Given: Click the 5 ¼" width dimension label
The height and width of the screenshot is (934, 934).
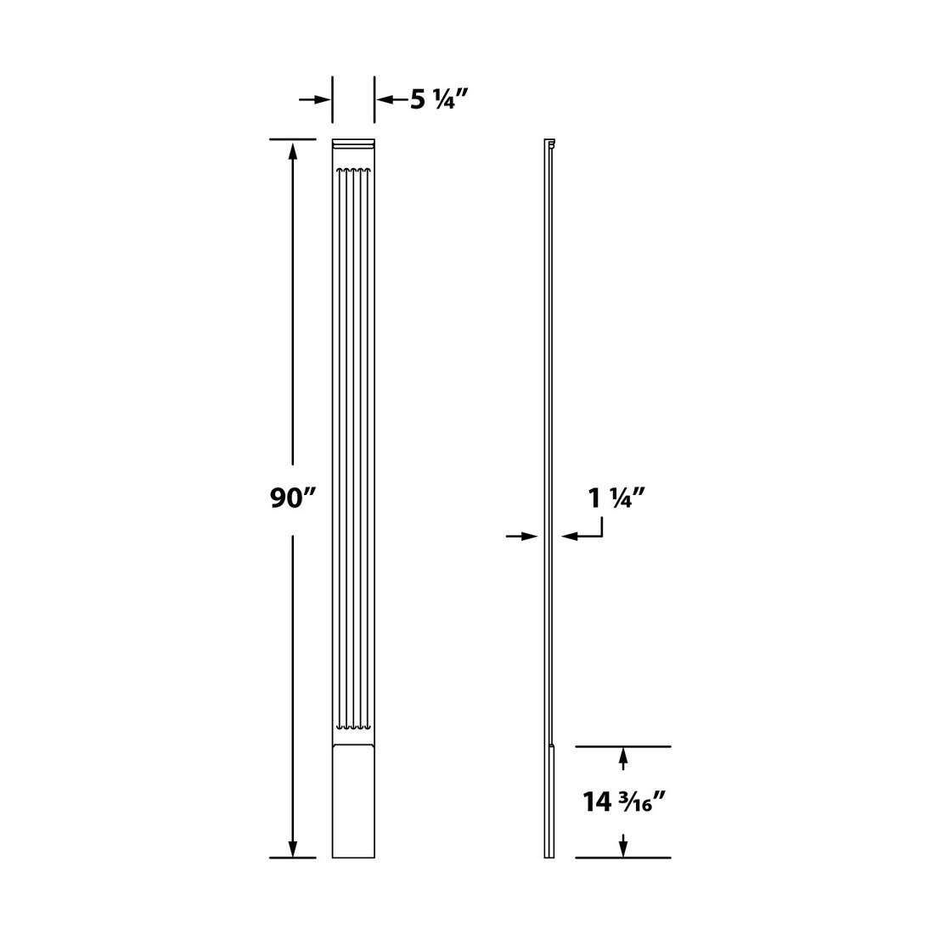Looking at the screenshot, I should (x=439, y=100).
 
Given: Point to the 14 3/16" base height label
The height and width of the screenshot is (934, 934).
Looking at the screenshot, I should (x=623, y=802).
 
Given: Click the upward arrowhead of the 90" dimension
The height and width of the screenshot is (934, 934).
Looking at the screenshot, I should (x=293, y=152).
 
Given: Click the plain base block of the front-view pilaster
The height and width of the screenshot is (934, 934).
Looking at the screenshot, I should (x=353, y=802).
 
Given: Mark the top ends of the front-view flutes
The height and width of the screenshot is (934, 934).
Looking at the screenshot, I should (x=353, y=173).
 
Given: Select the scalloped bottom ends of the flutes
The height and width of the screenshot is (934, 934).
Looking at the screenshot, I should (x=353, y=727).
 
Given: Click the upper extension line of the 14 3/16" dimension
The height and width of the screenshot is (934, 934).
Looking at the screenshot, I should (x=623, y=746).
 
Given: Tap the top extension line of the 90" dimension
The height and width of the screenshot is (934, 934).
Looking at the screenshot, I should (x=293, y=138).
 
